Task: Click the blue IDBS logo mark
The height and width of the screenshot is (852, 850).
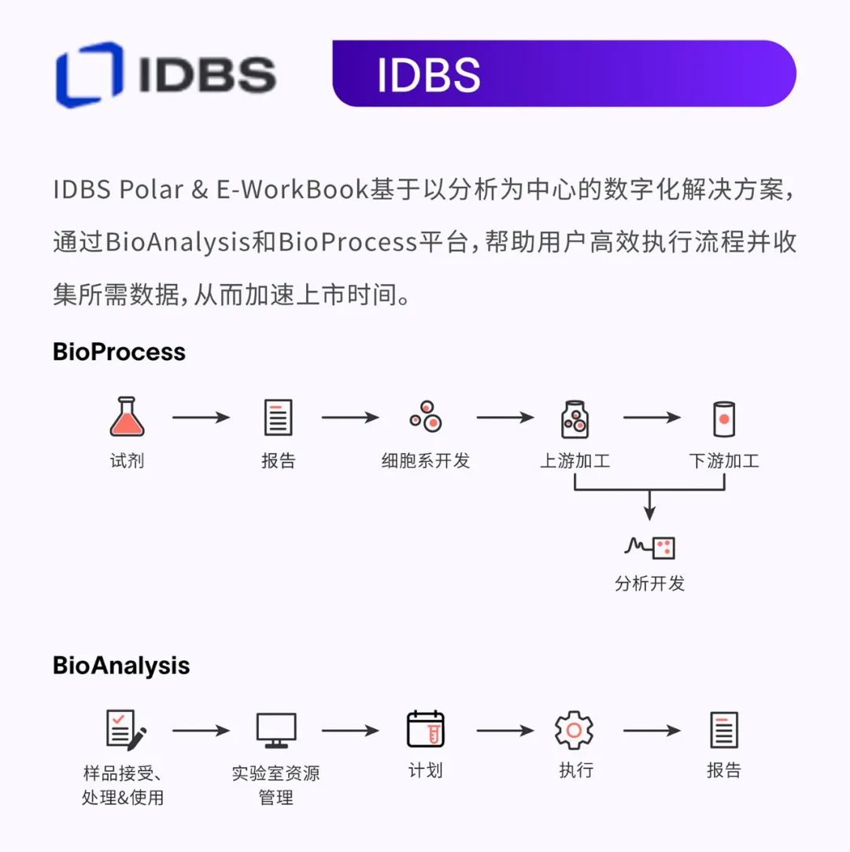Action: click(89, 74)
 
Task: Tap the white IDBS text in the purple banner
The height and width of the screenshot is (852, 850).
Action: click(428, 75)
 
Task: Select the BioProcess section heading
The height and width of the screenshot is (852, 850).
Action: click(119, 351)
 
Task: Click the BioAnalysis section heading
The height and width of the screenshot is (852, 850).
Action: click(121, 666)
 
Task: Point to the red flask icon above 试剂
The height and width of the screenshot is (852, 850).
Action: click(126, 417)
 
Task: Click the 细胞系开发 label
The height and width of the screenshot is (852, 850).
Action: click(425, 461)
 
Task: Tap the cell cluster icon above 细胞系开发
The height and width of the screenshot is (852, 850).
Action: click(425, 417)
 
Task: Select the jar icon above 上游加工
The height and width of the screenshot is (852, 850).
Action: click(575, 419)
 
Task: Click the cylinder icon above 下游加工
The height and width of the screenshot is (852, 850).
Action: click(723, 419)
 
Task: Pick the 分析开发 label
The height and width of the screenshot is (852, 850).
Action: click(649, 583)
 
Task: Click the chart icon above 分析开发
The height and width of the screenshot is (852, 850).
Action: click(649, 547)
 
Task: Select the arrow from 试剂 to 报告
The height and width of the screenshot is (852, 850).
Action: click(201, 417)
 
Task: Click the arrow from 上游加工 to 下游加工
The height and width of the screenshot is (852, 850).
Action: click(652, 417)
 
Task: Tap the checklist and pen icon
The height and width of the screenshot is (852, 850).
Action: click(125, 729)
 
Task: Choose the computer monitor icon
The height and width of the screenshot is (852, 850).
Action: click(276, 730)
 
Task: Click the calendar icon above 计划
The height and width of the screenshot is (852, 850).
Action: click(425, 729)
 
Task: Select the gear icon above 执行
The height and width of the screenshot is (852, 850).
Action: click(574, 730)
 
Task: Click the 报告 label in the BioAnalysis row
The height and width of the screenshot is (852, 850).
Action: click(723, 769)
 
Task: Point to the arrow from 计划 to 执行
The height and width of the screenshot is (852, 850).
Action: click(504, 731)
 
